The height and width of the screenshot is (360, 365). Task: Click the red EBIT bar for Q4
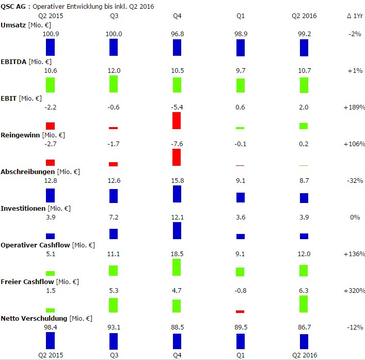coord(177,120)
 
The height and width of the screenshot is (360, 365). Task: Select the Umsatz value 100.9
coord(50,34)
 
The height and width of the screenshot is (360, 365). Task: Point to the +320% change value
coord(354,291)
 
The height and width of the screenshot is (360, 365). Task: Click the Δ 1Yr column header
coord(355,16)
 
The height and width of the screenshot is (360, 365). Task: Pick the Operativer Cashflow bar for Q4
coord(177,267)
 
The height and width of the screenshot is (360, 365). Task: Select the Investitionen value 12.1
coord(177,217)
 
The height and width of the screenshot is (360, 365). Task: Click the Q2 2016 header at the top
coord(304,16)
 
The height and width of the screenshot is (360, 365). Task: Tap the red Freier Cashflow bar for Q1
coord(240,311)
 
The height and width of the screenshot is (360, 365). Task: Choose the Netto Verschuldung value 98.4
coord(50,327)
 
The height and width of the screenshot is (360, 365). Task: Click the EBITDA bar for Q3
coord(114,84)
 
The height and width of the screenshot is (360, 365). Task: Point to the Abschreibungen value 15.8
coord(177,181)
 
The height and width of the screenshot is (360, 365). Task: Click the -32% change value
coord(355,181)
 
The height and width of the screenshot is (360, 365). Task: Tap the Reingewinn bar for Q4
coord(177,157)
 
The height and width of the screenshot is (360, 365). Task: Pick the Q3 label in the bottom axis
coord(114,355)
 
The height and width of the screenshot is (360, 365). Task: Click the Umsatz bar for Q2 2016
coord(304,48)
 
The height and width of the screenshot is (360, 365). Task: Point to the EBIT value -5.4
coord(177,107)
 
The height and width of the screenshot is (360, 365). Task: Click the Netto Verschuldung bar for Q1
coord(240,341)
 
